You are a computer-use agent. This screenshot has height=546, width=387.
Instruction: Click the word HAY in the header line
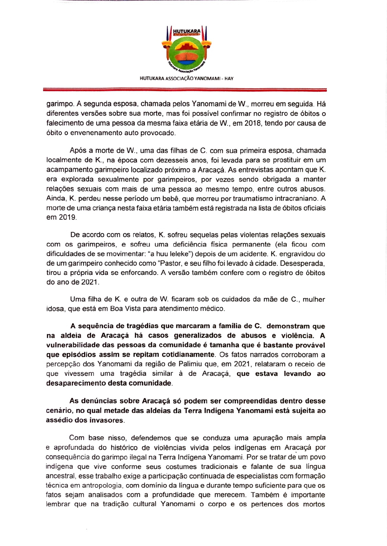pyautogui.click(x=229, y=79)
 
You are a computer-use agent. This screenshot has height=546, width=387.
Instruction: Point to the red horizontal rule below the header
pyautogui.click(x=185, y=90)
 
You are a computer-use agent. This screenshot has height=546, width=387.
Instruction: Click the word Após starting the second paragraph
pyautogui.click(x=77, y=151)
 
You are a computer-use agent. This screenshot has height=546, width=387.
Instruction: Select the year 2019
pyautogui.click(x=67, y=217)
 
